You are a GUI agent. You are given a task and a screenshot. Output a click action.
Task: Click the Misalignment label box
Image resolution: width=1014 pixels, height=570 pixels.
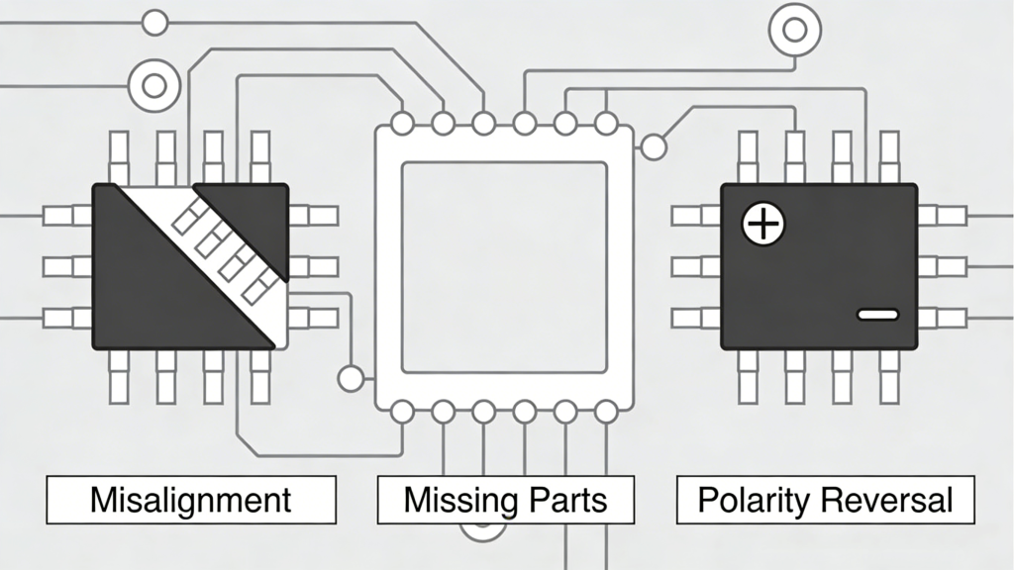pos(191,500)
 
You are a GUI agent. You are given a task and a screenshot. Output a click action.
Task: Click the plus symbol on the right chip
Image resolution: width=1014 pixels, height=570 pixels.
pos(763,226)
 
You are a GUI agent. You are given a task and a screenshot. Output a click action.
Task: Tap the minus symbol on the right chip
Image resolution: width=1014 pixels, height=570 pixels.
pos(877,315)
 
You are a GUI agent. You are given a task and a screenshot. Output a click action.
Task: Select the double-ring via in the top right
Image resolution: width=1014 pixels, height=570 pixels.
pos(794,30)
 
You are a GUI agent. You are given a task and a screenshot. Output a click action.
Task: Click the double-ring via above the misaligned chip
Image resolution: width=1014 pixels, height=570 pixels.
pos(153,85)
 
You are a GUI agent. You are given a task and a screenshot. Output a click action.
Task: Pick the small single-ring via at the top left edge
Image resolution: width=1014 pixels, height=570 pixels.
pos(154,22)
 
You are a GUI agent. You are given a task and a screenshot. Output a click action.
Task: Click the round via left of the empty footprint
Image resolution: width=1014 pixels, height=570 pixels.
pos(351,378)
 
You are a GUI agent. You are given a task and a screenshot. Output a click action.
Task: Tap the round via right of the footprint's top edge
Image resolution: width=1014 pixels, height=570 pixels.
pos(653,147)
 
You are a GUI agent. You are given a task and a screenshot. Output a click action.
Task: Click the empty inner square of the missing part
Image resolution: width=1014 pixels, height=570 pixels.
pos(503,267)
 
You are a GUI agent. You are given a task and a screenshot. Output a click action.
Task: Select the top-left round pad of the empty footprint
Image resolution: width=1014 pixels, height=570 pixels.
pos(402,124)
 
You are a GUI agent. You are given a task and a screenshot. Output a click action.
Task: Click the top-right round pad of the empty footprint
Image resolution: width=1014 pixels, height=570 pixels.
pos(606,124)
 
